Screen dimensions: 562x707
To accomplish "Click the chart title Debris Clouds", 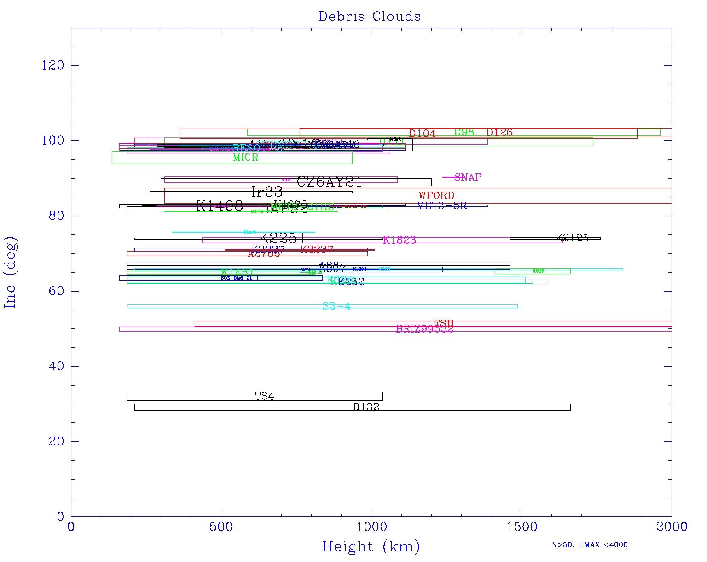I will (369, 17).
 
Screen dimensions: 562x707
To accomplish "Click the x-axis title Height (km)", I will (371, 547).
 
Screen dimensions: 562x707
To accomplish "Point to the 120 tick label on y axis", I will (52, 65).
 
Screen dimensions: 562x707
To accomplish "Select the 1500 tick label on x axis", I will (522, 527).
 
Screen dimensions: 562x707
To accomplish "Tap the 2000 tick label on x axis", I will (672, 527).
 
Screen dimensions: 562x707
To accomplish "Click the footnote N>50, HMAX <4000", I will (590, 545).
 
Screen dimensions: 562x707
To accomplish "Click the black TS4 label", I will (265, 396).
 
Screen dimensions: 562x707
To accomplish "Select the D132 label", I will (366, 407).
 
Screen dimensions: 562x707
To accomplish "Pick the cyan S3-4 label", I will (336, 306).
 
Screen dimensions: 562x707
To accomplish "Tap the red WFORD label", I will (436, 195).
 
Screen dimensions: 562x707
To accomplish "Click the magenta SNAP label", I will (468, 177).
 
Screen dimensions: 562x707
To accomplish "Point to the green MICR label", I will (245, 158).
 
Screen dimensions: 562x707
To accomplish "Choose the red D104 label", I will (422, 134).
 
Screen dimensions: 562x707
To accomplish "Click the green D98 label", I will (464, 132).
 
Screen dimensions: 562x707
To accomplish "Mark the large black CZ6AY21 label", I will (330, 182).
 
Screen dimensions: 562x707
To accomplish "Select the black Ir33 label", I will (267, 192).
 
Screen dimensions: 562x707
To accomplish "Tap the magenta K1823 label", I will (400, 240).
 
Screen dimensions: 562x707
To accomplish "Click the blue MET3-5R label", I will (442, 206).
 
